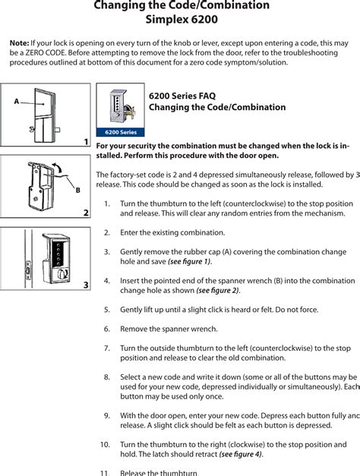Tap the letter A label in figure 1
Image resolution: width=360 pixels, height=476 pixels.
pos(16,101)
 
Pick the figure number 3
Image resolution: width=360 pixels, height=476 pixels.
pos(86,285)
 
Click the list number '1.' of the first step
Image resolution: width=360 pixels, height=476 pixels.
pos(107,204)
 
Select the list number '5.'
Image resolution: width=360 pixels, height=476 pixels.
pos(107,310)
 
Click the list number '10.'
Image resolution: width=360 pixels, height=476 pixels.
pos(105,444)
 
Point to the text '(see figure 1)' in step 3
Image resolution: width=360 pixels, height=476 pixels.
pos(188,262)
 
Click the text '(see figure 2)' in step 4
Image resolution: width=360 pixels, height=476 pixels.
pos(217,290)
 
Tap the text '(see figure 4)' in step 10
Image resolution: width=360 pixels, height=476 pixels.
pos(241,454)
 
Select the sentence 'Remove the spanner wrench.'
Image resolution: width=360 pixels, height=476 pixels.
pos(169,329)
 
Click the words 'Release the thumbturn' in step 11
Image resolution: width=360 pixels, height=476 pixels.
pos(159,472)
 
